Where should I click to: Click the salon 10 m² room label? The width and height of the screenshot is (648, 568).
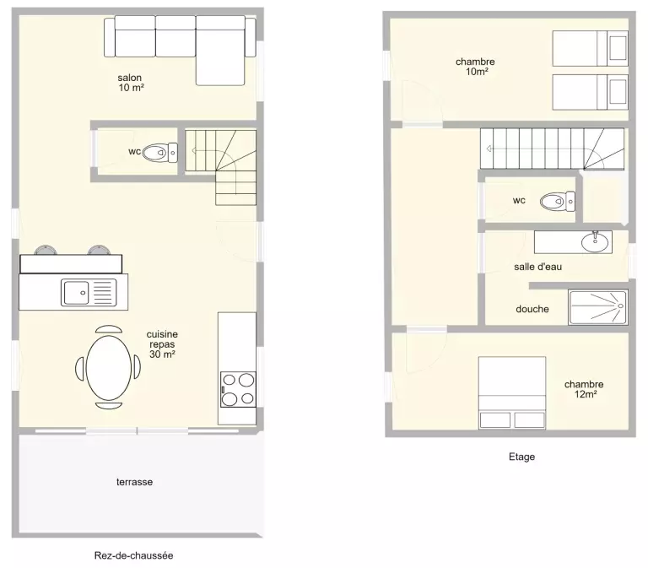pyautogui.click(x=131, y=82)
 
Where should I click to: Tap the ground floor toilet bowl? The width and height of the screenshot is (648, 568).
pyautogui.click(x=160, y=153)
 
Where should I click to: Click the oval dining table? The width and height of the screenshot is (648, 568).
pyautogui.click(x=109, y=368)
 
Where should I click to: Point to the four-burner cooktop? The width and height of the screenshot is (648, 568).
pyautogui.click(x=238, y=389)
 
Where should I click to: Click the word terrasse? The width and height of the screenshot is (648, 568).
pyautogui.click(x=134, y=482)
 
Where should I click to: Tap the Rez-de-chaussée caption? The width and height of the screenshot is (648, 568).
pyautogui.click(x=133, y=555)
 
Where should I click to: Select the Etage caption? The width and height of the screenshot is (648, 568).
pyautogui.click(x=521, y=457)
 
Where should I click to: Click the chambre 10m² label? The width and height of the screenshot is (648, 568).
pyautogui.click(x=475, y=67)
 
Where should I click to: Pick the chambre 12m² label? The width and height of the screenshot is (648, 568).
pyautogui.click(x=584, y=389)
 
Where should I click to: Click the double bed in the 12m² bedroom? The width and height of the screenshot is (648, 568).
pyautogui.click(x=512, y=392)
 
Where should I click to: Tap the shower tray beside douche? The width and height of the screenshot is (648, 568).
pyautogui.click(x=598, y=306)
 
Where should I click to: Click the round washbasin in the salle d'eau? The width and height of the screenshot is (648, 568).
pyautogui.click(x=595, y=242)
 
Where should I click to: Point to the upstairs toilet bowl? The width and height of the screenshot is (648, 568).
pyautogui.click(x=558, y=202)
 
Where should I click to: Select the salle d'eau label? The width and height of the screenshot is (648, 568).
pyautogui.click(x=537, y=267)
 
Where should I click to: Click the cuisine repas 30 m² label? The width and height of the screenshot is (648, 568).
pyautogui.click(x=162, y=344)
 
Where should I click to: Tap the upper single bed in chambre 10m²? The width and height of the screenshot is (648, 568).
pyautogui.click(x=590, y=48)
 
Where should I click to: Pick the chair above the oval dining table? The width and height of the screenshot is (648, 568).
pyautogui.click(x=109, y=329)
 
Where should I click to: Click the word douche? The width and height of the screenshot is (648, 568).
pyautogui.click(x=532, y=309)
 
